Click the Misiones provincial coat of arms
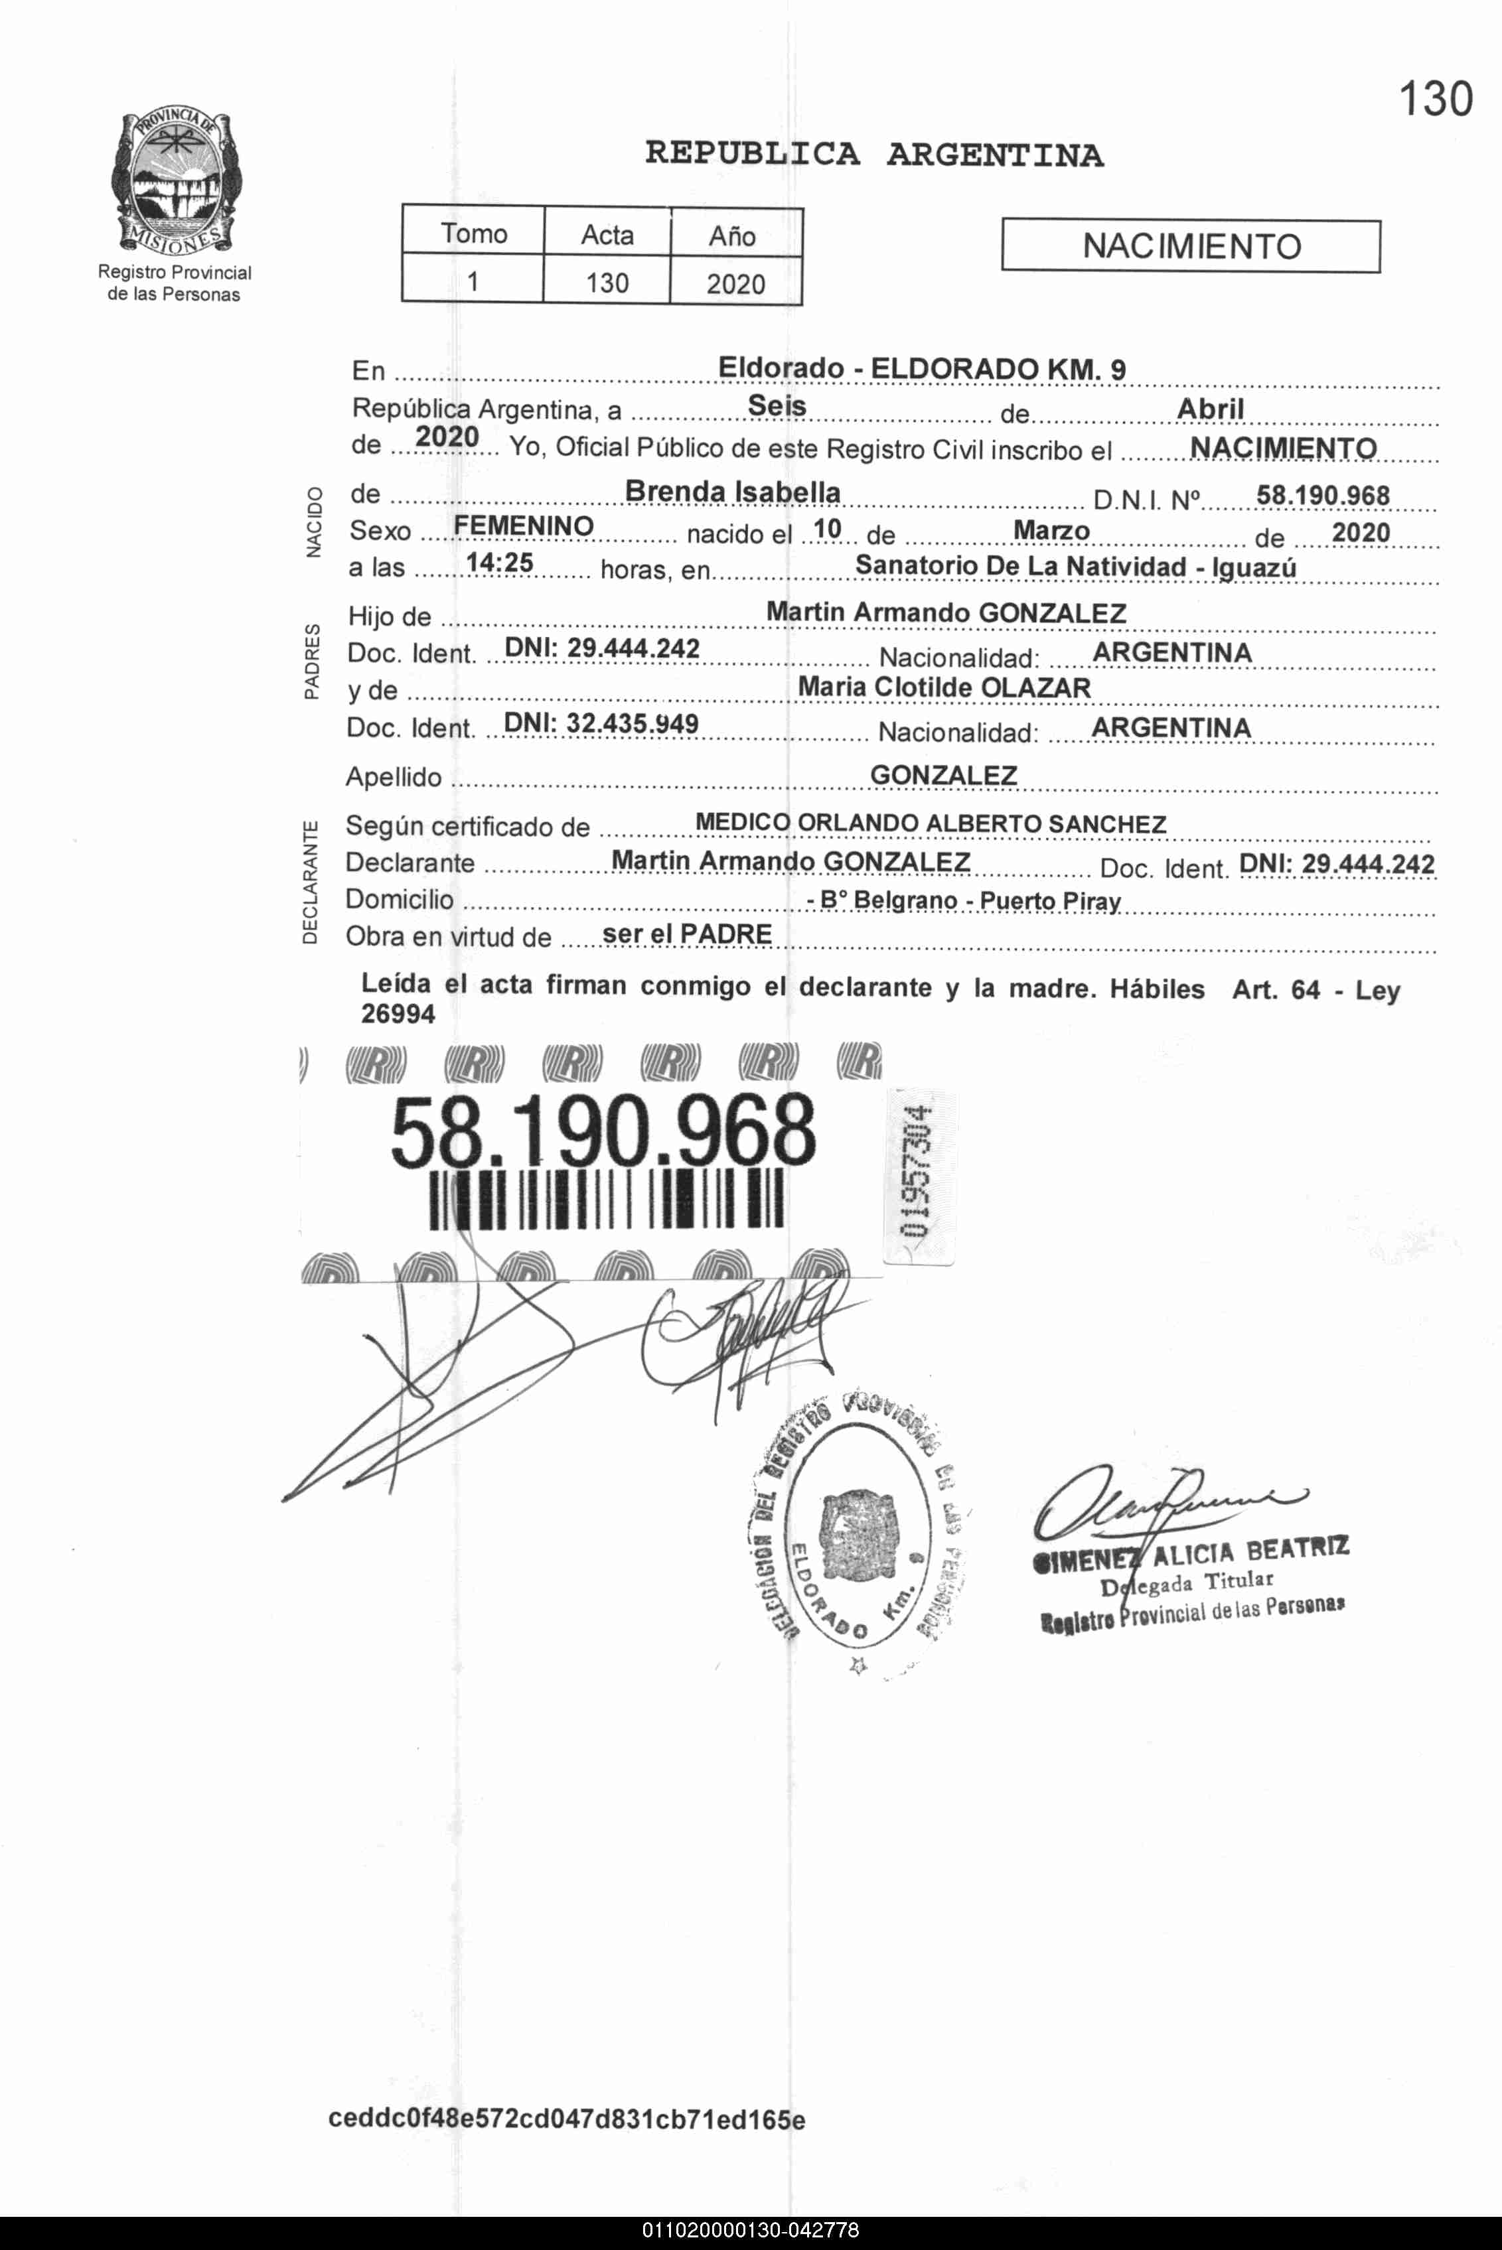pyautogui.click(x=175, y=182)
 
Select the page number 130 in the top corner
pyautogui.click(x=1434, y=100)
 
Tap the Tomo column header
pyautogui.click(x=473, y=234)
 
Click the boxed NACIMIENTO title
pyautogui.click(x=1191, y=247)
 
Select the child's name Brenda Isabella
pyautogui.click(x=732, y=492)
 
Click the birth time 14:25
pyautogui.click(x=499, y=563)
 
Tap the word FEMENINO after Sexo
pyautogui.click(x=523, y=527)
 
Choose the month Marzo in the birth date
pyautogui.click(x=1051, y=530)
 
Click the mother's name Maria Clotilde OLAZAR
pyautogui.click(x=944, y=687)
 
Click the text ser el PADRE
pyautogui.click(x=687, y=934)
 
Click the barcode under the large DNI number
pyautogui.click(x=607, y=1199)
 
